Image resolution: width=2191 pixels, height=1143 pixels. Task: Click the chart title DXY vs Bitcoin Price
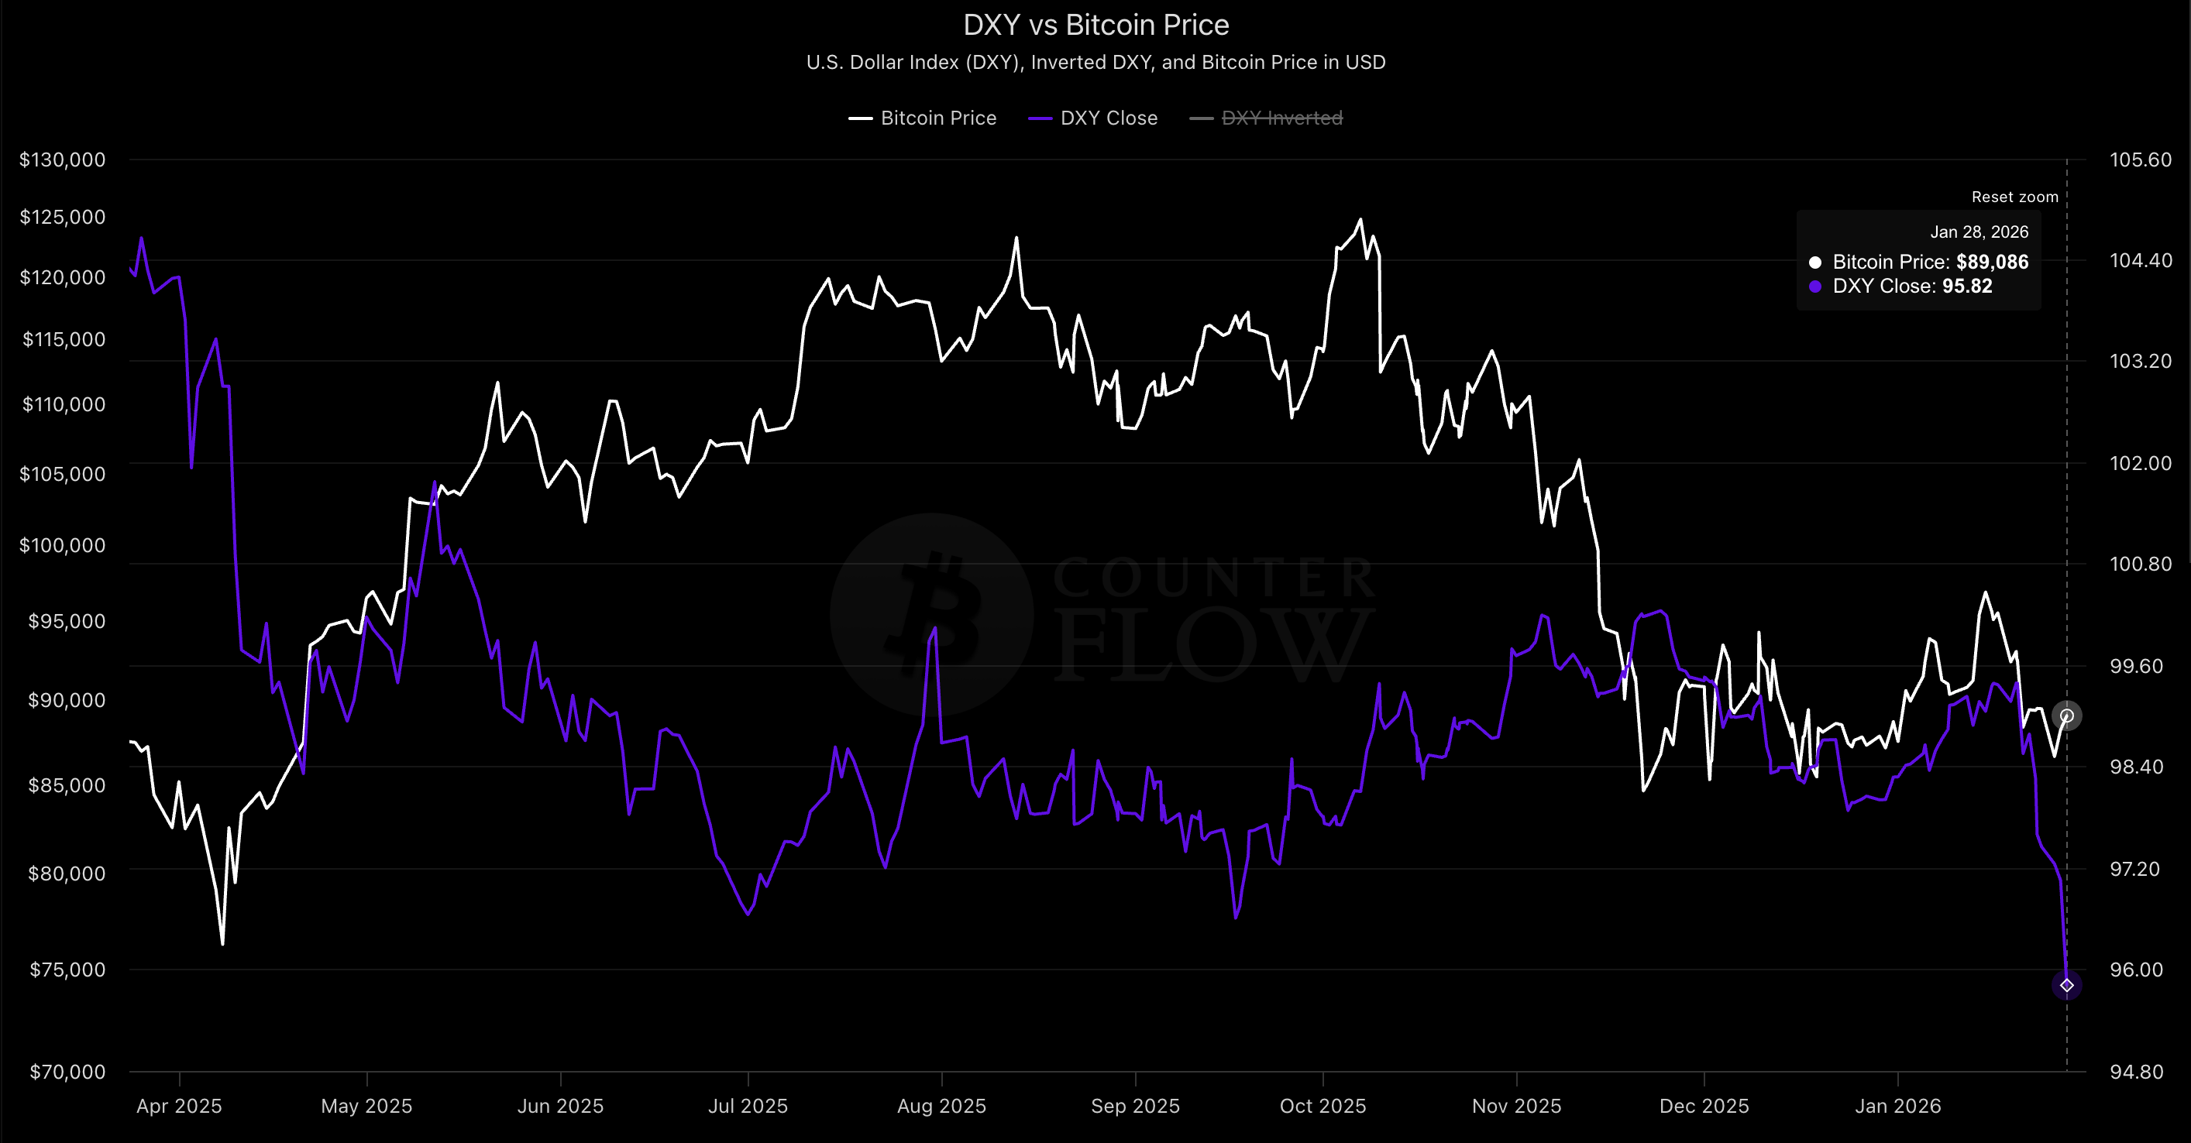pos(1095,26)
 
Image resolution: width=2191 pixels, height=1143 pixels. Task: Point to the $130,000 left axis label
pos(63,160)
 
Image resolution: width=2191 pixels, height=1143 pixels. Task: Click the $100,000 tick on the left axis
pos(63,545)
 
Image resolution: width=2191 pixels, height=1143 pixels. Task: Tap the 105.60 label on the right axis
pos(2140,160)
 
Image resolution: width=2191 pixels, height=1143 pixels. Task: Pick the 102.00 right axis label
pos(2140,462)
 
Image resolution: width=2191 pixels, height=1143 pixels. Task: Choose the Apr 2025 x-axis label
pos(179,1107)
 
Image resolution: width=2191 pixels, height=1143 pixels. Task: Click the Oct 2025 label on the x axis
pos(1323,1107)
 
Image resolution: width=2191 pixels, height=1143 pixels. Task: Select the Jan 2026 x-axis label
pos(1897,1107)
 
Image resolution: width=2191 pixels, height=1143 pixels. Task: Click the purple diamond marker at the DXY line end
pos(2067,985)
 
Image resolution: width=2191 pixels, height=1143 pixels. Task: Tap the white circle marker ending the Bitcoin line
pos(2067,716)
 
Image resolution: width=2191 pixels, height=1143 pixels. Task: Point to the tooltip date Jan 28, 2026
pos(1979,232)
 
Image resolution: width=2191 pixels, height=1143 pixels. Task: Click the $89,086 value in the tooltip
pos(1992,262)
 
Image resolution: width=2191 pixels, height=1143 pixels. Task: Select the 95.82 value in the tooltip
pos(1966,286)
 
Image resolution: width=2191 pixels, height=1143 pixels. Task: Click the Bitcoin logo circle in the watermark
pos(931,614)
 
